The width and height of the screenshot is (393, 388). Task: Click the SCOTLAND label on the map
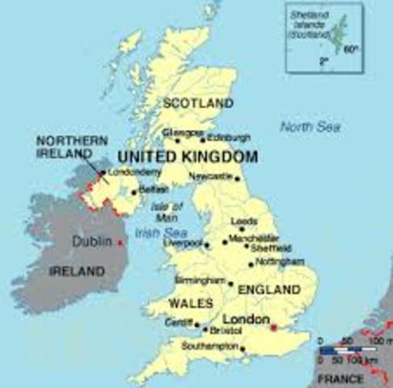[x=198, y=103]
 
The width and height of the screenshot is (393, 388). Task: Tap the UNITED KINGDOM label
[x=188, y=156]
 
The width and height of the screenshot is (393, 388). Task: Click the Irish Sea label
[x=156, y=232]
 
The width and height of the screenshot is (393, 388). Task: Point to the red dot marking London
[x=273, y=327]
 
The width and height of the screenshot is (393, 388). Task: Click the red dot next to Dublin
[x=120, y=242]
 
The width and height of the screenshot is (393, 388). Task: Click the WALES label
[x=191, y=303]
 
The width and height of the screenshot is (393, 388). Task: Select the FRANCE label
[x=340, y=378]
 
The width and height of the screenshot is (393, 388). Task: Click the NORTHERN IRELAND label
[x=72, y=147]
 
